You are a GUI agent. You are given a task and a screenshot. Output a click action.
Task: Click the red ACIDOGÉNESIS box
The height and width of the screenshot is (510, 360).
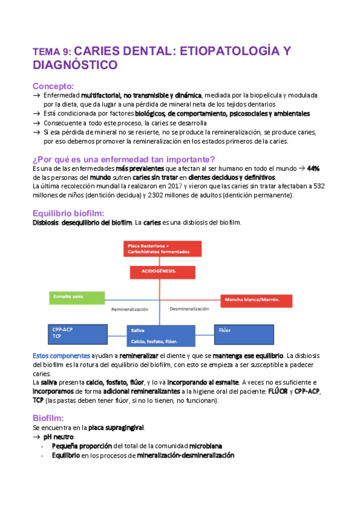tap(162, 271)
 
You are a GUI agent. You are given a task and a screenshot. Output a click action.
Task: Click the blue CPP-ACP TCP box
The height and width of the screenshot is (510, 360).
tap(69, 334)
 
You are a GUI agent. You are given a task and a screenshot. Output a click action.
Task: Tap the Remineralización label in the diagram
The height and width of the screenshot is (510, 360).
tap(129, 309)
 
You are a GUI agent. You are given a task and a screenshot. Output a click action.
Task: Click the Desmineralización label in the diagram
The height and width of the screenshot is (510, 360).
tap(189, 309)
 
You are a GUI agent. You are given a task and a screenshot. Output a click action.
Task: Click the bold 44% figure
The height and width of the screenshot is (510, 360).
tap(313, 169)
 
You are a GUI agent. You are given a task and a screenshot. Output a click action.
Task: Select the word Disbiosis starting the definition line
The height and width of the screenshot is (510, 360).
tap(45, 223)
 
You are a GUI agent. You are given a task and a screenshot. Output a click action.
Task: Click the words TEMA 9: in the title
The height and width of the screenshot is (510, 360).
tap(52, 53)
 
